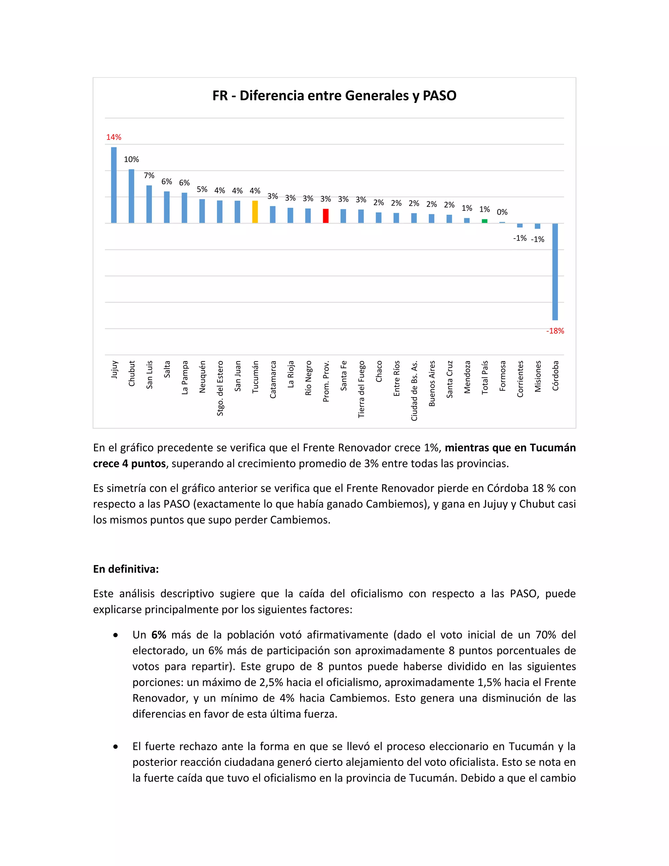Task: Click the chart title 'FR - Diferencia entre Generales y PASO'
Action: (x=334, y=95)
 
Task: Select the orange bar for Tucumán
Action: (x=255, y=212)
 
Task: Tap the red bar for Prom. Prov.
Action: (x=325, y=216)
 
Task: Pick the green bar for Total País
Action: (x=484, y=221)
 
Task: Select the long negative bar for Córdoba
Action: (x=555, y=272)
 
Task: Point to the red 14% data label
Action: (x=114, y=137)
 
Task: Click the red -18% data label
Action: (x=555, y=331)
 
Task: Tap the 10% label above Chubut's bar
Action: (x=131, y=159)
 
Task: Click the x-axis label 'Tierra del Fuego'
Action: (x=361, y=389)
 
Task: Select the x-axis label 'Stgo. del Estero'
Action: (x=220, y=388)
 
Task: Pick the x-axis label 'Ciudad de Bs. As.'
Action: (x=414, y=391)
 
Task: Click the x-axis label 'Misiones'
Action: (x=538, y=376)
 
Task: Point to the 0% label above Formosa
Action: (x=502, y=212)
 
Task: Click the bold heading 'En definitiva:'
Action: (x=126, y=569)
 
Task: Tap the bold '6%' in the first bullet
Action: (x=158, y=635)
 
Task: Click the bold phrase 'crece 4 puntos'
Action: (x=129, y=463)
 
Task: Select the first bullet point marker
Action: (x=115, y=635)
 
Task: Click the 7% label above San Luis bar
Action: (x=149, y=176)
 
